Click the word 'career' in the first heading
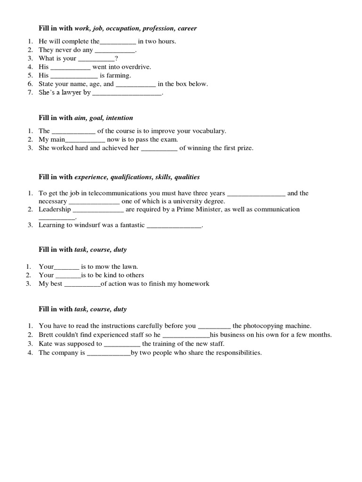(x=187, y=29)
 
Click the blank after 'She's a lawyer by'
(x=127, y=93)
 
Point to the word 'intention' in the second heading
(x=120, y=118)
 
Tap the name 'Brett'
(x=47, y=335)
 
